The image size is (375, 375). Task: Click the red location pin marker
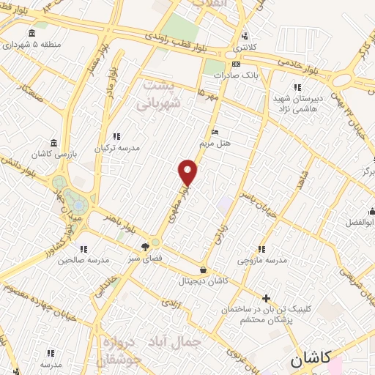click(x=188, y=172)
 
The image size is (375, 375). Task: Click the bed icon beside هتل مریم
click(x=215, y=133)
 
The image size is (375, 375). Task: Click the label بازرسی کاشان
click(x=50, y=154)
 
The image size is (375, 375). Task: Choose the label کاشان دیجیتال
click(x=203, y=281)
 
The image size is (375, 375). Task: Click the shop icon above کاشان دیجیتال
click(x=203, y=270)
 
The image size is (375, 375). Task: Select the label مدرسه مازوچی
click(x=261, y=261)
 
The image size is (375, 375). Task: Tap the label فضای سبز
click(x=144, y=259)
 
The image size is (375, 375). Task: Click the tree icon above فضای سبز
click(x=145, y=247)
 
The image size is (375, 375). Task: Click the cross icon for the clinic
click(x=266, y=297)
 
